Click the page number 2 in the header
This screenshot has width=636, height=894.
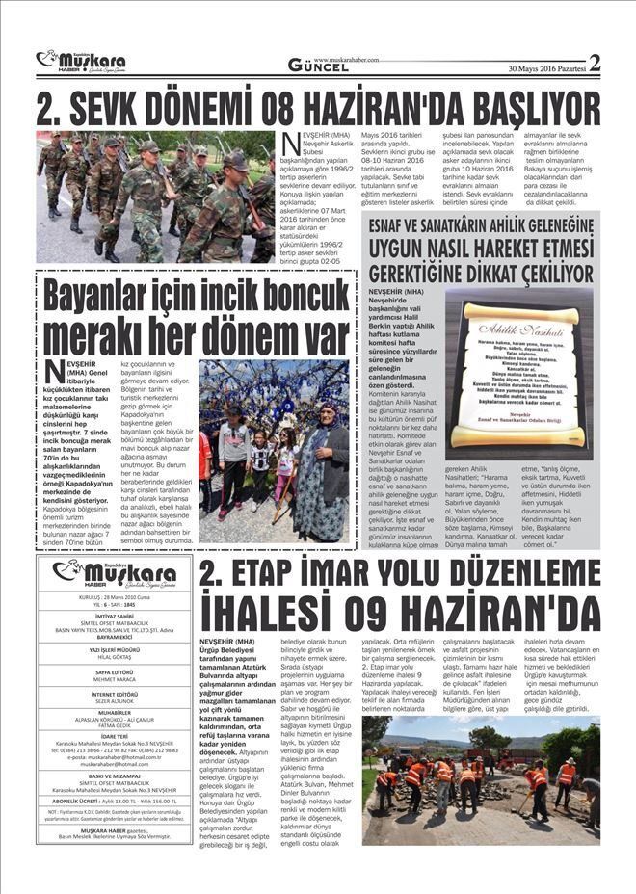(594, 64)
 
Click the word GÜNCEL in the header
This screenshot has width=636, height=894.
(319, 66)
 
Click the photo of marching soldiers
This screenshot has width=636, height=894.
(154, 197)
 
